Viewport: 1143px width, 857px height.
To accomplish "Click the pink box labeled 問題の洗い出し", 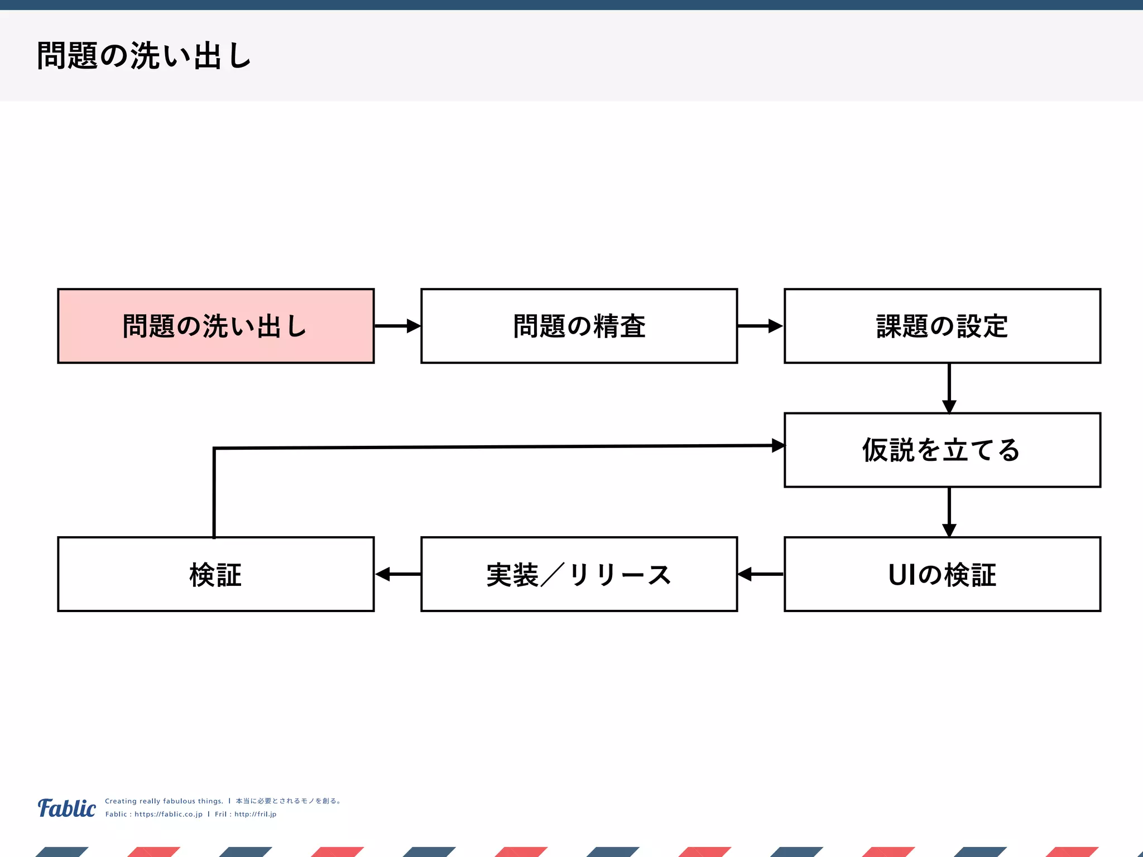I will [215, 326].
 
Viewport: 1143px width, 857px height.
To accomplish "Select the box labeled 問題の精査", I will [579, 326].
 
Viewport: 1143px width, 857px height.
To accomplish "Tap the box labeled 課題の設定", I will [942, 326].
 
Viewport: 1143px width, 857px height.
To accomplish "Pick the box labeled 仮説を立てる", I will [942, 450].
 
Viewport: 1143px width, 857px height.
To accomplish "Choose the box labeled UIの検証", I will [942, 574].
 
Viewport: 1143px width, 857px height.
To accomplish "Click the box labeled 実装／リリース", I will [579, 574].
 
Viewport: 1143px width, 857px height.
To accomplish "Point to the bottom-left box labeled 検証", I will [215, 574].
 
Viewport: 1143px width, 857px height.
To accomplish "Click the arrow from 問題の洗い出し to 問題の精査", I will [397, 326].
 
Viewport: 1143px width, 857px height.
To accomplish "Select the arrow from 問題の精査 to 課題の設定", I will [760, 326].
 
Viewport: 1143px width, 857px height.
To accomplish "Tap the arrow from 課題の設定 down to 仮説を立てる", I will [949, 388].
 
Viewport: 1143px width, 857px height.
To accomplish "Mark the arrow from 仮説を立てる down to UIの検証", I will [949, 512].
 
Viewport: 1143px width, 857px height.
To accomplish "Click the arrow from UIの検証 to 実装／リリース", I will [760, 574].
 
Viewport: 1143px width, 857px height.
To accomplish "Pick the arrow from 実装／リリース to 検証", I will [397, 574].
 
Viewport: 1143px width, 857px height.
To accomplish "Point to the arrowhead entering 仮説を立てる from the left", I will [778, 445].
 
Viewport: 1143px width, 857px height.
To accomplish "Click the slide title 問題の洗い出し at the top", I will [144, 56].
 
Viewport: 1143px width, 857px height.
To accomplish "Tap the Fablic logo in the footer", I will [67, 808].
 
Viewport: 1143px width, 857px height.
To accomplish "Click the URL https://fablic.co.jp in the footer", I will [169, 814].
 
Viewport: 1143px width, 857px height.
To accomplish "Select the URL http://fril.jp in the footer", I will [255, 814].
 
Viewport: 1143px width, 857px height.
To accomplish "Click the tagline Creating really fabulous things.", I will [164, 801].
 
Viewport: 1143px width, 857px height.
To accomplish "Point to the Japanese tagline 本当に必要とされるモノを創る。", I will [288, 801].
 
